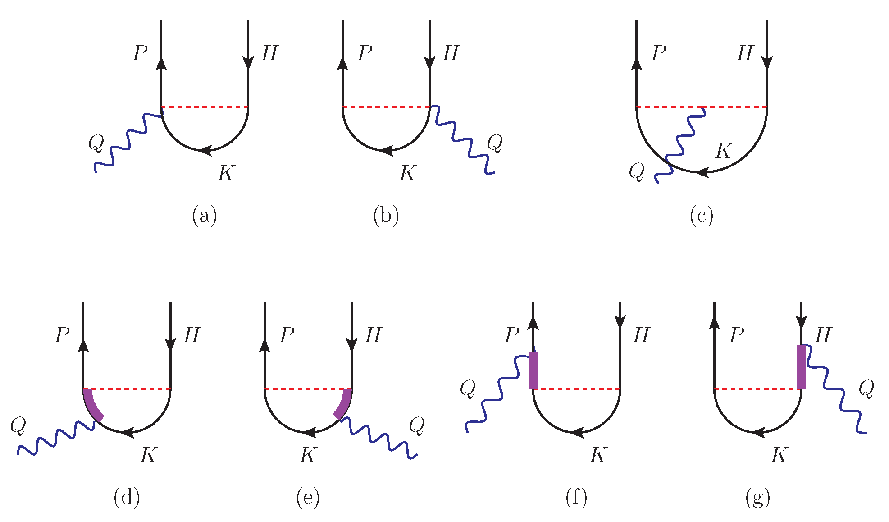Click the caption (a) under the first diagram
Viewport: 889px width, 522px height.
(204, 216)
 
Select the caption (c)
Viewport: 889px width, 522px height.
(701, 216)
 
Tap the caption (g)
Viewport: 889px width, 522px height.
(757, 498)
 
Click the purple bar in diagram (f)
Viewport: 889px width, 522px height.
(533, 370)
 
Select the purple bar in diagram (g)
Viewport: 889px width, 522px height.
(801, 367)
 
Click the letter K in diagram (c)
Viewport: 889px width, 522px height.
(724, 151)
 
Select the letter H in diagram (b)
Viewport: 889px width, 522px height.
(451, 53)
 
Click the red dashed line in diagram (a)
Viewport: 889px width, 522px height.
(205, 107)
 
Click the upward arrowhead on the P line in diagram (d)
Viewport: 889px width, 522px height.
(84, 346)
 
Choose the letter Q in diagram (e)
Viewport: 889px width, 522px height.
(417, 425)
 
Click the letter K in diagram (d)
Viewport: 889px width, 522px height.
(148, 455)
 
